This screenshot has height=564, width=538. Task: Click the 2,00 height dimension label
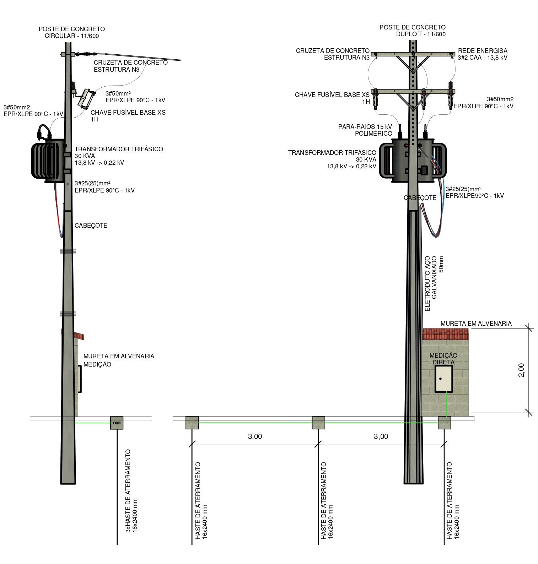click(x=521, y=370)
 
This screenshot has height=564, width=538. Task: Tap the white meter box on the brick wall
click(x=443, y=379)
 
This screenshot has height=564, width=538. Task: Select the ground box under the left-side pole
click(x=117, y=423)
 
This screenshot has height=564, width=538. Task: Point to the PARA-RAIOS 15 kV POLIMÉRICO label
click(x=365, y=130)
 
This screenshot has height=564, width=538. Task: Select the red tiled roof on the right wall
click(x=445, y=334)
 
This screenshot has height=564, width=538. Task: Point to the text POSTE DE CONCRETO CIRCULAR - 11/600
click(x=72, y=32)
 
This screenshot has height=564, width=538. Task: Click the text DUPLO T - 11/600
click(x=421, y=34)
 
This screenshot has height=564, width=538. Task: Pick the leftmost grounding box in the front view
click(x=192, y=423)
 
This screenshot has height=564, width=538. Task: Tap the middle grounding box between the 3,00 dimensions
click(x=318, y=423)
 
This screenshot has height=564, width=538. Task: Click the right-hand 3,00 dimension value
click(x=381, y=436)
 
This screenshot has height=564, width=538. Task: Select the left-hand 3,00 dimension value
click(x=255, y=436)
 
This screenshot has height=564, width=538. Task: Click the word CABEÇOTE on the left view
click(x=91, y=226)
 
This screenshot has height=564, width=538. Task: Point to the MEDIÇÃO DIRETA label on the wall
click(x=443, y=359)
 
